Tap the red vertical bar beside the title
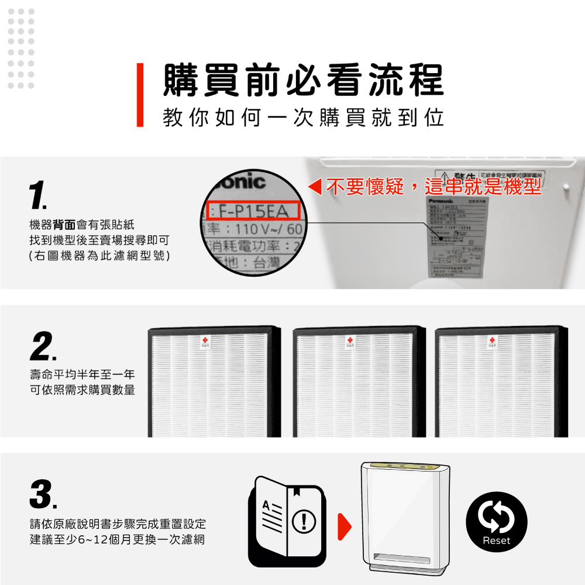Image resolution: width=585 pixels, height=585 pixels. (x=140, y=95)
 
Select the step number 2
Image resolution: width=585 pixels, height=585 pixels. (x=43, y=348)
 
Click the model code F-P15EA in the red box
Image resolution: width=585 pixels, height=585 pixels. (x=253, y=210)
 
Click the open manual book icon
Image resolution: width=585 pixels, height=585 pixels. (x=287, y=521)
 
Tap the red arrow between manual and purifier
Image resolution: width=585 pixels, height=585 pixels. (x=345, y=525)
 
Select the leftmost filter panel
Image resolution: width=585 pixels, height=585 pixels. (x=214, y=382)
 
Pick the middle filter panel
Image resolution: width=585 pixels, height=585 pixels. (x=359, y=382)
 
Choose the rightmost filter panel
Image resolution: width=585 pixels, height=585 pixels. (x=501, y=382)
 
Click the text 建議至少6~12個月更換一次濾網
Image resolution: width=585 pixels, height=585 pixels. (x=117, y=539)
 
